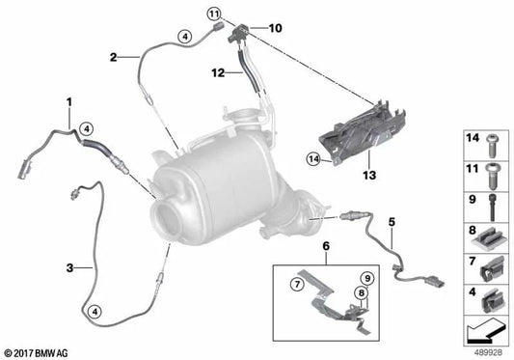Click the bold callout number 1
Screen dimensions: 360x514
point(68,100)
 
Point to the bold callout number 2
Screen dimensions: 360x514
point(113,57)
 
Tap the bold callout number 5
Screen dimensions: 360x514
point(392,223)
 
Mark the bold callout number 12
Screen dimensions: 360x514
point(218,72)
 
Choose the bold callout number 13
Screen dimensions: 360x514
point(367,178)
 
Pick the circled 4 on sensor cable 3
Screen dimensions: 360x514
point(94,311)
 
